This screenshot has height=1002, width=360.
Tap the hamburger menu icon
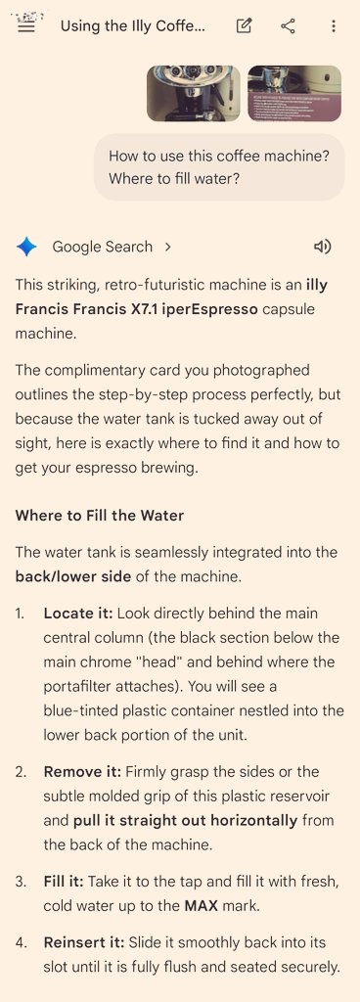click(26, 26)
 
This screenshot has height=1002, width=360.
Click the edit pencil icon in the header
click(244, 25)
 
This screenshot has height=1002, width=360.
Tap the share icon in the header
click(288, 25)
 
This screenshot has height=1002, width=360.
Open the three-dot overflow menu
click(334, 25)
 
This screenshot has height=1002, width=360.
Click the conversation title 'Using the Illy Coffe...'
click(133, 26)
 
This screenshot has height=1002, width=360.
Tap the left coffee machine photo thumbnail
click(194, 93)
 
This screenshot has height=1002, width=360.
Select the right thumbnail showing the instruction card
click(294, 93)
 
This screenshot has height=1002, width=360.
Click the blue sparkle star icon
click(26, 247)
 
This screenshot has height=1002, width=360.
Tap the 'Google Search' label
click(102, 247)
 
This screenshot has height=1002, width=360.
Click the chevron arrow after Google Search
click(168, 247)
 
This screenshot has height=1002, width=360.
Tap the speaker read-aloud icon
click(323, 247)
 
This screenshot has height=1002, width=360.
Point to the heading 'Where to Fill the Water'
click(100, 515)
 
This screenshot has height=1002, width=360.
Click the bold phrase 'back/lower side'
click(73, 576)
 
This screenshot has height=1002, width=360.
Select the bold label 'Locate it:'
click(78, 614)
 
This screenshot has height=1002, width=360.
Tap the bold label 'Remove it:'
click(82, 772)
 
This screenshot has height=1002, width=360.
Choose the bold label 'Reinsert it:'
click(84, 942)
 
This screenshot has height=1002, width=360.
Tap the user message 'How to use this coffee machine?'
click(219, 156)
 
